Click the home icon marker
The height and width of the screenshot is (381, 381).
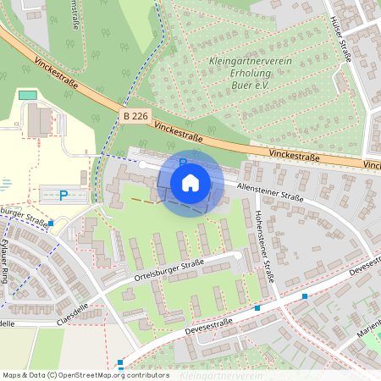[x=190, y=182]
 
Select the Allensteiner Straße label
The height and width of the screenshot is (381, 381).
[x=271, y=191]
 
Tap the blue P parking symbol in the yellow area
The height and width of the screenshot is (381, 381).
[x=63, y=195]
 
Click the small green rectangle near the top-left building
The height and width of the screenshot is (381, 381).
[x=28, y=95]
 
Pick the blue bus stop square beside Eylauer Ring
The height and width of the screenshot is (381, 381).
[x=52, y=224]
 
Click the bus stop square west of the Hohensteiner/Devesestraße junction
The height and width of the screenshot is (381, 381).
[x=257, y=308]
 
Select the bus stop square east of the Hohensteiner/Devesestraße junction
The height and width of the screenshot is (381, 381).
[x=305, y=296]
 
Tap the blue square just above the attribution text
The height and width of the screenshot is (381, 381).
[x=120, y=362]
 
